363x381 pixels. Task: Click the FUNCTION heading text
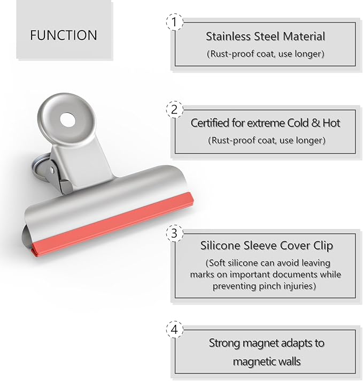[64, 36]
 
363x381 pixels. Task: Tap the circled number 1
[174, 22]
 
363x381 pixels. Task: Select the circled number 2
[174, 109]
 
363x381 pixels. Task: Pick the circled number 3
[174, 234]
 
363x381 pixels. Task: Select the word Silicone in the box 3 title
[220, 246]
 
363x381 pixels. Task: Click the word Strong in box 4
[225, 343]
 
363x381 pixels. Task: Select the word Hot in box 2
[330, 123]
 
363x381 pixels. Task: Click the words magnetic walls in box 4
[266, 362]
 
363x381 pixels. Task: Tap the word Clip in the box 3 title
[322, 246]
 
